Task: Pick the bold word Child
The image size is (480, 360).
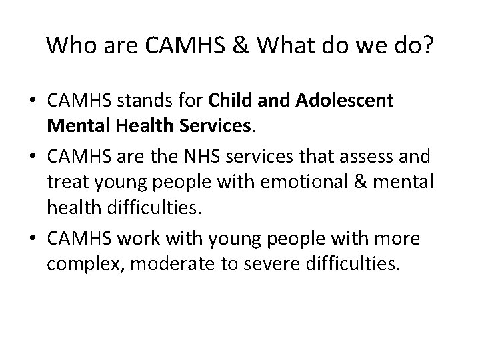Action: tap(231, 103)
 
